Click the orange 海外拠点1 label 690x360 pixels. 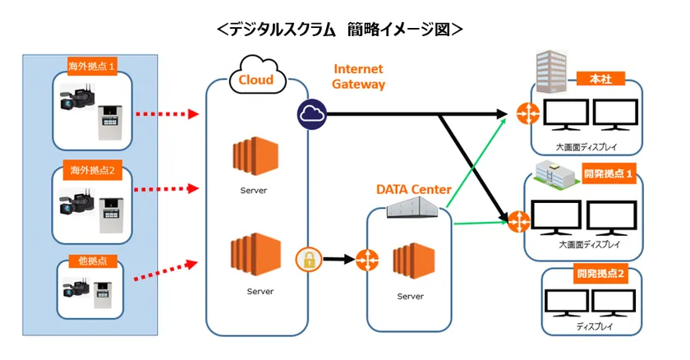click(x=91, y=63)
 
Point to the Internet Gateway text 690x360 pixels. click(x=359, y=76)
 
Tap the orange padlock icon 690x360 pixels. click(x=306, y=261)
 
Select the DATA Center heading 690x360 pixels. click(x=414, y=190)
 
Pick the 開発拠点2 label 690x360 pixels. click(x=601, y=275)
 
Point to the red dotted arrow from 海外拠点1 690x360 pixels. click(x=167, y=114)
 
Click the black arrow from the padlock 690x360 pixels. click(x=336, y=261)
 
